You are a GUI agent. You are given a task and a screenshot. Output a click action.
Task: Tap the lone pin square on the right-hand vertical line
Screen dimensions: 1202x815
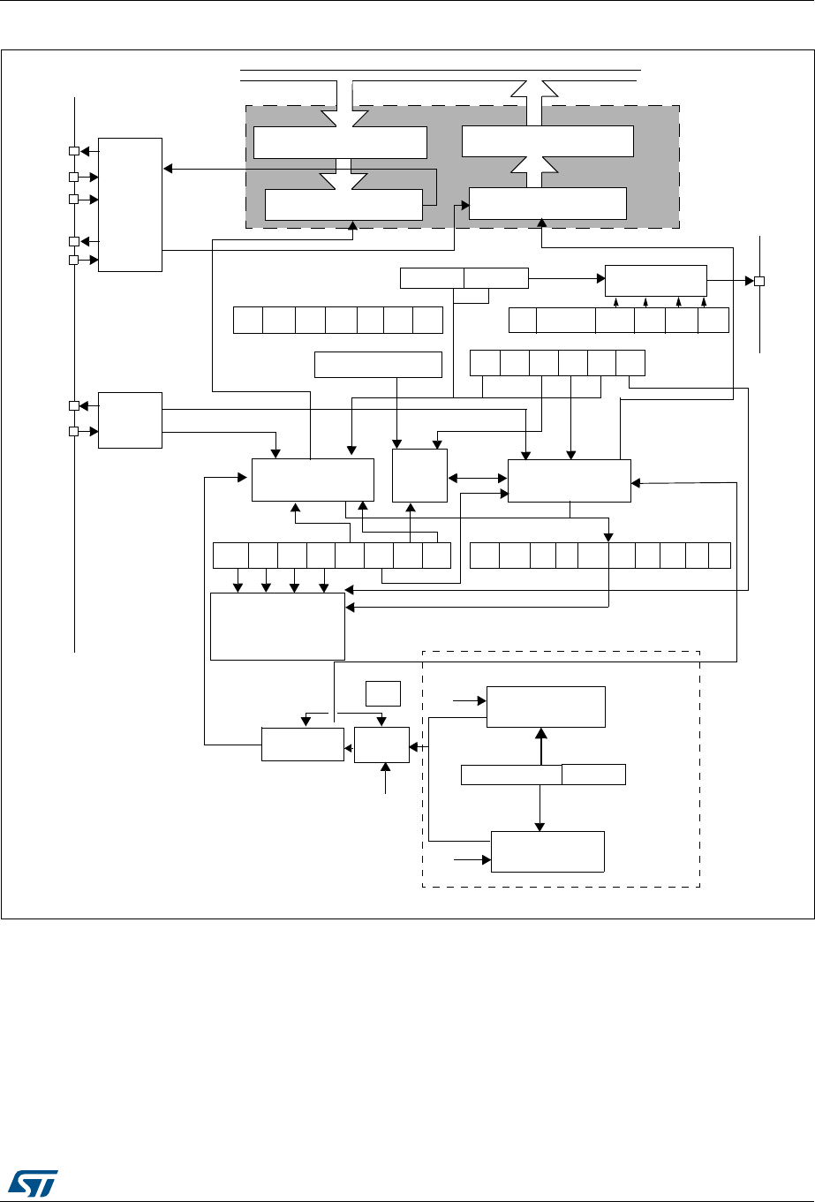[758, 282]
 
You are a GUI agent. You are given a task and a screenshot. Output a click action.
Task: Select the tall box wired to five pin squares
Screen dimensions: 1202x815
[130, 204]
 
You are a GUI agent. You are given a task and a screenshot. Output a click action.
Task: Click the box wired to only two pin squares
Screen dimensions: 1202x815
[130, 420]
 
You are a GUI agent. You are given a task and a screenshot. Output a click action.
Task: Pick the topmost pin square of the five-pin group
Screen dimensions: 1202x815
[75, 151]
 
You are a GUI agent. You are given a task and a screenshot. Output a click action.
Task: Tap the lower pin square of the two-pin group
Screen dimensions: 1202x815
[75, 432]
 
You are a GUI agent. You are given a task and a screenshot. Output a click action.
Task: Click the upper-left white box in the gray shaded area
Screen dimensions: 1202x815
[340, 141]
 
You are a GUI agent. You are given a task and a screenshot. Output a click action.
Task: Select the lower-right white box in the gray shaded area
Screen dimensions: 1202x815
[547, 203]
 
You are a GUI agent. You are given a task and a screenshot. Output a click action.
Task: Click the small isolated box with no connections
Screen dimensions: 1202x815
[384, 693]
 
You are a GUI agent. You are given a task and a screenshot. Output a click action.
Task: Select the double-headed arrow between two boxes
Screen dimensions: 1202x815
[477, 479]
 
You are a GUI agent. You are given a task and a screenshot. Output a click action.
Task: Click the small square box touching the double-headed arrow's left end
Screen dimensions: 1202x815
[420, 476]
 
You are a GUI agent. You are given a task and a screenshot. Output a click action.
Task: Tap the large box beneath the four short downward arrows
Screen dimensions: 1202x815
[276, 626]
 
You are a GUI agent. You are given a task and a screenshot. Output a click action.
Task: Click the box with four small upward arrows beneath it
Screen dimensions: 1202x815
[655, 280]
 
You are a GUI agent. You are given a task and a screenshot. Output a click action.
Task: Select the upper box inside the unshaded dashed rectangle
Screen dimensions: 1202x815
[547, 706]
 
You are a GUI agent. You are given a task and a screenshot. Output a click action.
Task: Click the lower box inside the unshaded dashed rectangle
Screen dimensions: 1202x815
[547, 851]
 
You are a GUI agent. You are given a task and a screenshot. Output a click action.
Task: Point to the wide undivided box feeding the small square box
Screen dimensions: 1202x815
[378, 365]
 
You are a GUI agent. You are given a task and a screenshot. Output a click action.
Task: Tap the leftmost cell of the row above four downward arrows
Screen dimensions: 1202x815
[230, 555]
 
